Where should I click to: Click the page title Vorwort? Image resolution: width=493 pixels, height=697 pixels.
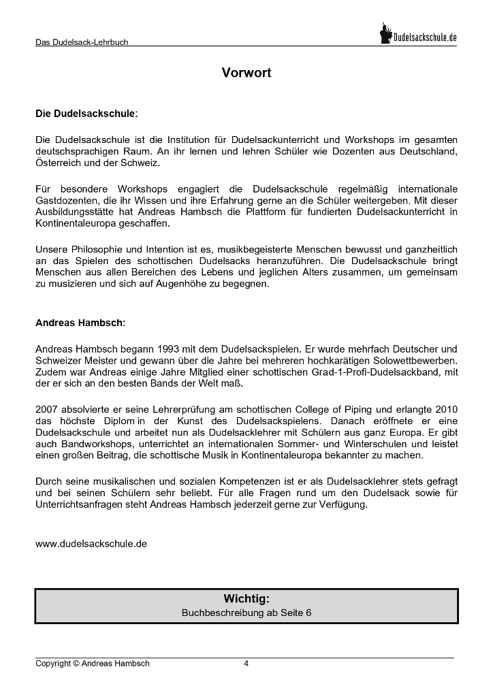246,73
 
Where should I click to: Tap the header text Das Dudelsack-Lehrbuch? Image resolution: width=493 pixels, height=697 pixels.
82,42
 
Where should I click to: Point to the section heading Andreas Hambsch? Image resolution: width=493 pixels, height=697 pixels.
80,323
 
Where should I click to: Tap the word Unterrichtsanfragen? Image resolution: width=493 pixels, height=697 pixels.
78,505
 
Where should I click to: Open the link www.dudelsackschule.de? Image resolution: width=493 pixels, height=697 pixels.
91,544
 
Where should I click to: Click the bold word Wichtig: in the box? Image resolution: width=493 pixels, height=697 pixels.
246,599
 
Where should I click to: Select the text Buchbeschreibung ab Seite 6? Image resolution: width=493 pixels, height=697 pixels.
246,613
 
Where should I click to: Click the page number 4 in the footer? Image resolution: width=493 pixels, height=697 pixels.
246,664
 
